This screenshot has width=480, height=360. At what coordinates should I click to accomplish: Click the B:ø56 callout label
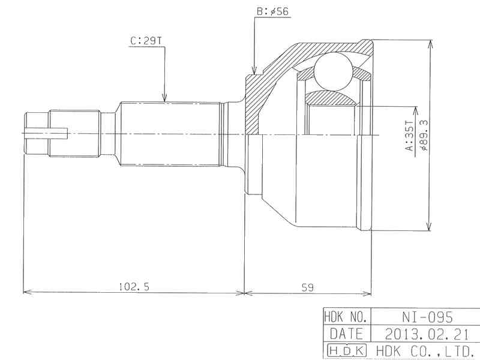(x=273, y=12)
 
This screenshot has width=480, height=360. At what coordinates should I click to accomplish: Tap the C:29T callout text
(x=146, y=41)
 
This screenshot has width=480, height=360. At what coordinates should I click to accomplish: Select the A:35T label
(x=409, y=136)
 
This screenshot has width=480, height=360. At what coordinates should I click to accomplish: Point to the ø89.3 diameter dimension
(x=424, y=134)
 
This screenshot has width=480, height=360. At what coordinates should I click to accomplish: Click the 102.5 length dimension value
(x=134, y=287)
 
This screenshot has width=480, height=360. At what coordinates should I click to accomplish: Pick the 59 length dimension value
(x=308, y=287)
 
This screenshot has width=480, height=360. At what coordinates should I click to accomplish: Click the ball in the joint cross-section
(x=334, y=71)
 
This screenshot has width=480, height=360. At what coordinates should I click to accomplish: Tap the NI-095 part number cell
(x=427, y=317)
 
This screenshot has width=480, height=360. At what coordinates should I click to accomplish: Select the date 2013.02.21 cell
(x=427, y=334)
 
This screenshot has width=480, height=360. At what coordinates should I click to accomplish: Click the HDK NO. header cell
(x=347, y=317)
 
